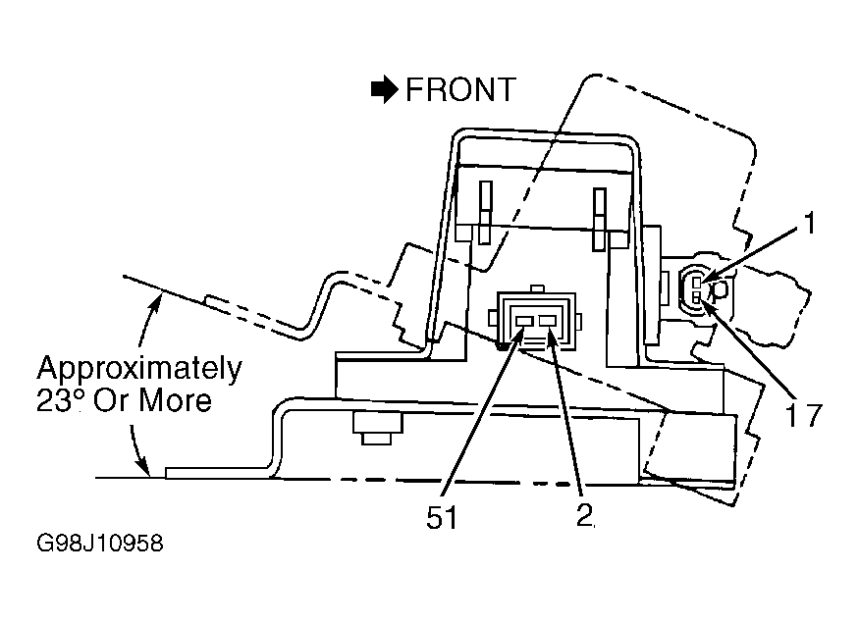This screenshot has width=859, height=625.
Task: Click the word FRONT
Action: coord(460,89)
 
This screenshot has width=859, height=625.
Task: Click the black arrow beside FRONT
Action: coord(384,89)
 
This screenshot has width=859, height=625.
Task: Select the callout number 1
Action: coord(809,224)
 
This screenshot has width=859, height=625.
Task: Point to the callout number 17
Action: coord(804,414)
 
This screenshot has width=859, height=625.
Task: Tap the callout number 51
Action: coord(442,517)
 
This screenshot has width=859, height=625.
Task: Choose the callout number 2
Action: coord(584,515)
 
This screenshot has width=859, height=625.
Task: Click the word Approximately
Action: coord(139,370)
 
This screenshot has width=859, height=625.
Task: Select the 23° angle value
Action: coord(59,400)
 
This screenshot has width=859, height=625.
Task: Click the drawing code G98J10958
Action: coord(100,544)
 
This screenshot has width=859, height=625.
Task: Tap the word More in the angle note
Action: coord(175,400)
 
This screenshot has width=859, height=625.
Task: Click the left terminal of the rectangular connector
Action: coord(523,321)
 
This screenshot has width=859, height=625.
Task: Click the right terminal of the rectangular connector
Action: coord(548,321)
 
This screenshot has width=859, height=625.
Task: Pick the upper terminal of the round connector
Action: coord(697,283)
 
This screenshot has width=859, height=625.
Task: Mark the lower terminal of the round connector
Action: coord(697,297)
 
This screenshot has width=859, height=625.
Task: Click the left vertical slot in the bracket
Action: coord(485,212)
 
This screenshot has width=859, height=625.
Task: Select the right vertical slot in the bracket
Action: coord(600,220)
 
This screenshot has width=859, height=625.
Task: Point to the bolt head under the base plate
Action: coord(377,429)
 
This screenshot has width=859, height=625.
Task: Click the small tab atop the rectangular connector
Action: coord(537,288)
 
